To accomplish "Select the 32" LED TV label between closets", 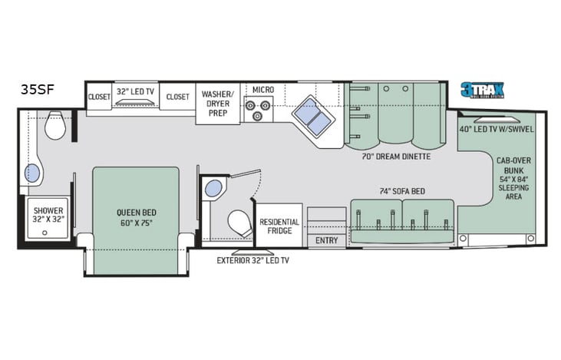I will click(x=134, y=91).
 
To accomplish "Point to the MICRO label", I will click(x=263, y=90).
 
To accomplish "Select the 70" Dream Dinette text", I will click(x=395, y=156).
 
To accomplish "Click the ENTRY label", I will click(x=326, y=240).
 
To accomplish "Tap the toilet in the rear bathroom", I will click(x=55, y=126).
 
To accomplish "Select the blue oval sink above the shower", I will click(x=32, y=171).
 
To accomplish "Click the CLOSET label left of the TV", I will click(x=98, y=97).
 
